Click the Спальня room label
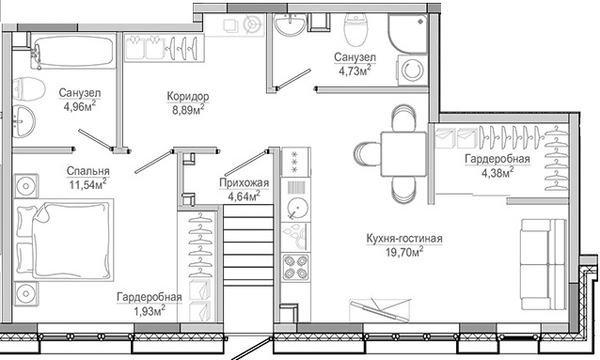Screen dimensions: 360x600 87,171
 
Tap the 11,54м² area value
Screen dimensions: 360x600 87,184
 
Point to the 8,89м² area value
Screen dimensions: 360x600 187,110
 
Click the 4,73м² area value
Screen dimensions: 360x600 353,68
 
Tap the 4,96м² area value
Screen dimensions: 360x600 79,106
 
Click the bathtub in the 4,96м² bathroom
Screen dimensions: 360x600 71,53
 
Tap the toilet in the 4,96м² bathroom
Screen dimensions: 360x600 30,90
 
